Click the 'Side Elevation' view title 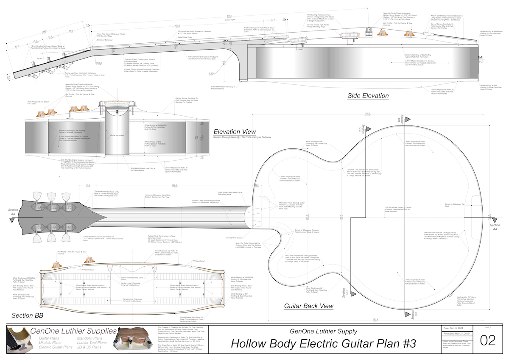[368, 96]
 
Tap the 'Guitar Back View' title [308, 306]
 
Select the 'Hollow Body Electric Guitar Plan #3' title [323, 343]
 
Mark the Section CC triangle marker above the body [369, 128]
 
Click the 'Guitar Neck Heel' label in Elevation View [116, 135]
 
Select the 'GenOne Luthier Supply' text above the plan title [323, 331]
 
